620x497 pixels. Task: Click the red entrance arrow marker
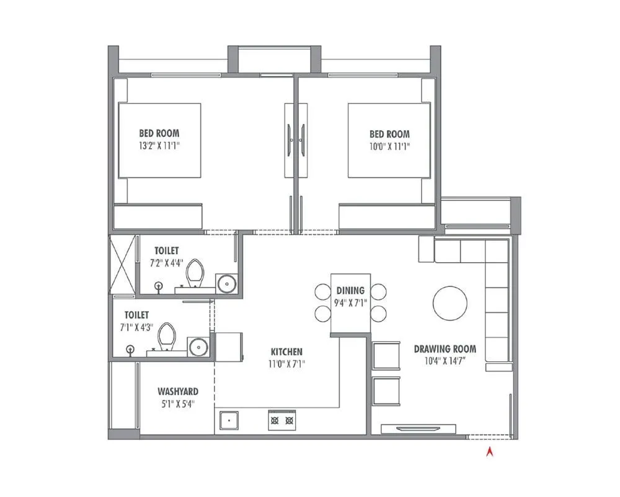point(490,452)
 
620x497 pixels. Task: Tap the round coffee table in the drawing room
point(450,304)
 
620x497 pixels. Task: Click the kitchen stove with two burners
point(282,420)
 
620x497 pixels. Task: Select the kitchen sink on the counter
point(229,420)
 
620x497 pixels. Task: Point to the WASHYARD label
point(178,392)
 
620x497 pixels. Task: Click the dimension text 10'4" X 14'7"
point(445,361)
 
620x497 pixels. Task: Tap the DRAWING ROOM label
point(445,349)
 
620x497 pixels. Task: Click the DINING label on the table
point(350,291)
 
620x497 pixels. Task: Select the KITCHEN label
point(286,351)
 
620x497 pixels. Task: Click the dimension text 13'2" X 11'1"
point(159,146)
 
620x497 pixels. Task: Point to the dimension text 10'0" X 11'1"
point(389,147)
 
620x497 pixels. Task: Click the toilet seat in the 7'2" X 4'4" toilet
point(195,273)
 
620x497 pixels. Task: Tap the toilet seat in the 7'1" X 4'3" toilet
point(166,336)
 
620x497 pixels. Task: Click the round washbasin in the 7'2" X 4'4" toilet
point(227,284)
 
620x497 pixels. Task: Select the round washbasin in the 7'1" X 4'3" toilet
point(198,347)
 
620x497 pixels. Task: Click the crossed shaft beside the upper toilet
point(122,264)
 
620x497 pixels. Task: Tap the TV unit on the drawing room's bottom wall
point(418,429)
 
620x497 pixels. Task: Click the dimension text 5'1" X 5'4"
point(178,404)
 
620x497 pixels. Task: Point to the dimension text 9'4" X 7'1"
point(350,303)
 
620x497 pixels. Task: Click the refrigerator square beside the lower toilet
point(229,346)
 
